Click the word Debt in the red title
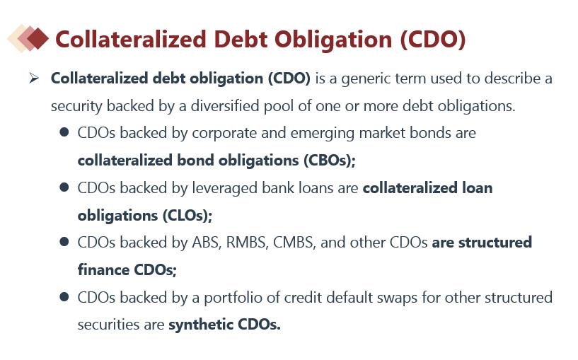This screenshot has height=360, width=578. click(x=241, y=39)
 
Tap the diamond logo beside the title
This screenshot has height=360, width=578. click(x=28, y=38)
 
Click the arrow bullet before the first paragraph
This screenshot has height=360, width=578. click(x=34, y=78)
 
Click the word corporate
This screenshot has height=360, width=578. click(x=224, y=134)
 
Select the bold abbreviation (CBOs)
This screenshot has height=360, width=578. click(x=330, y=161)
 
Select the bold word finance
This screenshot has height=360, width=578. click(x=103, y=270)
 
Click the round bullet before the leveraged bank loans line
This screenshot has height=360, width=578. click(x=64, y=187)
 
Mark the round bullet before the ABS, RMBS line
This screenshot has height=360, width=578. click(x=64, y=242)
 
